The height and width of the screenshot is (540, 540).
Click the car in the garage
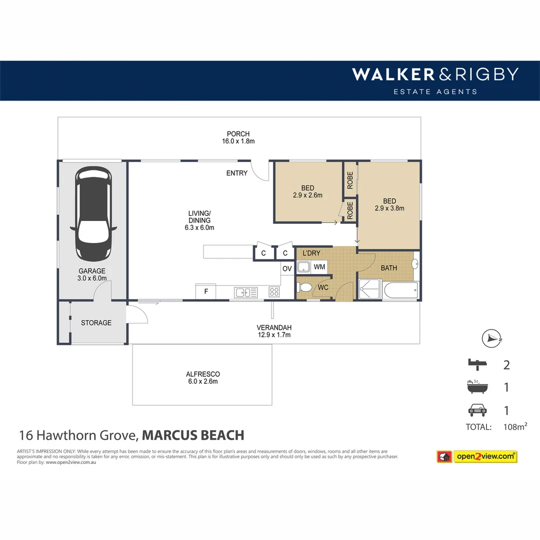[93, 213]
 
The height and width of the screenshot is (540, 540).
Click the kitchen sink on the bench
[245, 291]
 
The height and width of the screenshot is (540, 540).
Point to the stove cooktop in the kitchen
[274, 291]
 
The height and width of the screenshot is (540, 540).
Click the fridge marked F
[205, 291]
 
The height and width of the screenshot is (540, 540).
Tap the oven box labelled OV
[287, 268]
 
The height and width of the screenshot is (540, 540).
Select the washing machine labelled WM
[319, 267]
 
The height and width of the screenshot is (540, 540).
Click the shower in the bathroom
[370, 290]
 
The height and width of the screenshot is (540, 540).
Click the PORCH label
[238, 134]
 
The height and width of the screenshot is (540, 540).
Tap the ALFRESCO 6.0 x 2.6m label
[202, 377]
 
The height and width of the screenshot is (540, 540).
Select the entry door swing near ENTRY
[260, 171]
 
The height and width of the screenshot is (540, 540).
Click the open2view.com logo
[485, 456]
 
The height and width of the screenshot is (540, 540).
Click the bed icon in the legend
[477, 364]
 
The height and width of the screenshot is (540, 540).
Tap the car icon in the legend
[477, 410]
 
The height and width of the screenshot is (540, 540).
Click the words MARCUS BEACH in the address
[193, 435]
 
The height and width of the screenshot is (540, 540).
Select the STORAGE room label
[96, 323]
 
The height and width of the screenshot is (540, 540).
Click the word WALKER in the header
[393, 74]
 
